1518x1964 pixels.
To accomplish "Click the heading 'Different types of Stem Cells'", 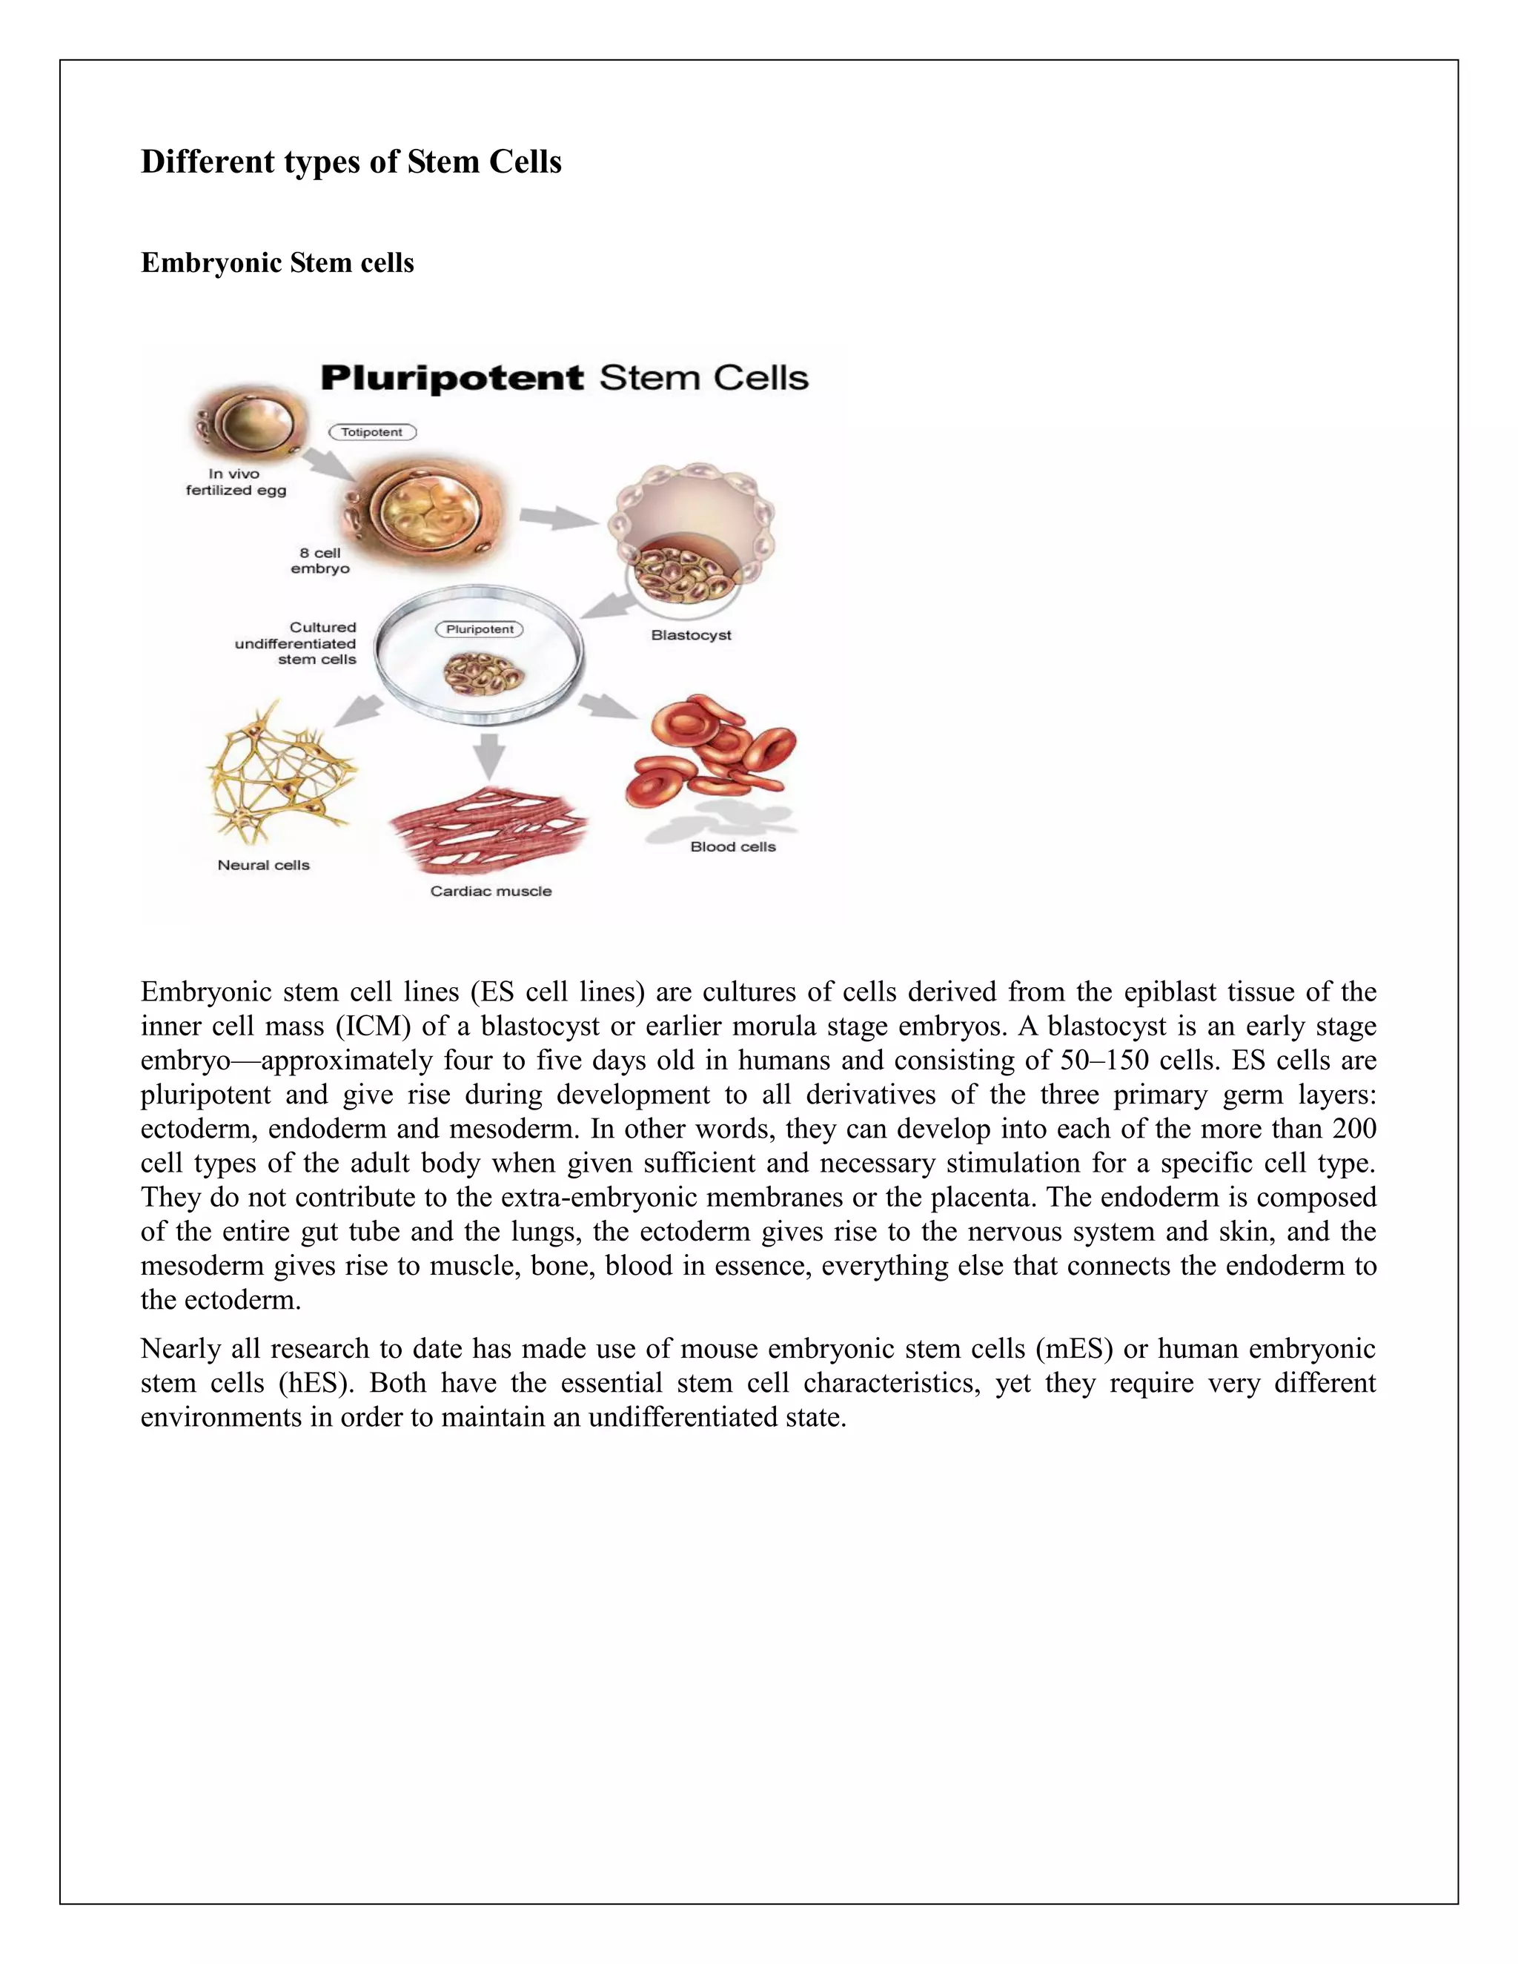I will tap(351, 162).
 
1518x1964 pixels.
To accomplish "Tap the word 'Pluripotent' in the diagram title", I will tap(451, 378).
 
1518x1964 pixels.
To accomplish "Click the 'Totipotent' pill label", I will tap(372, 433).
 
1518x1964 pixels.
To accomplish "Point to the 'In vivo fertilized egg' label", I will tap(236, 482).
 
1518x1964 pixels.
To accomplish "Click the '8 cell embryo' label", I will tap(320, 561).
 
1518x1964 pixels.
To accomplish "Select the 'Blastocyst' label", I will tap(691, 635).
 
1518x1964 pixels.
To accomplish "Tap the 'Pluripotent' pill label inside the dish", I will tap(480, 629).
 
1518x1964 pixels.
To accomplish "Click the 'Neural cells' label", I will tap(263, 865).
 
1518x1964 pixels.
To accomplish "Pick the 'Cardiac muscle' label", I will tap(491, 891).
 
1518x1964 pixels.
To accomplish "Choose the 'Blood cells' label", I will tap(733, 846).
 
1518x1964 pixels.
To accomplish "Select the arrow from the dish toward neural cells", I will tap(358, 712).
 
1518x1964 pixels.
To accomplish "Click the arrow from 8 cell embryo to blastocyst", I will tap(557, 518).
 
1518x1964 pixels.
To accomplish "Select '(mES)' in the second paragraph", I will tap(1075, 1349).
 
